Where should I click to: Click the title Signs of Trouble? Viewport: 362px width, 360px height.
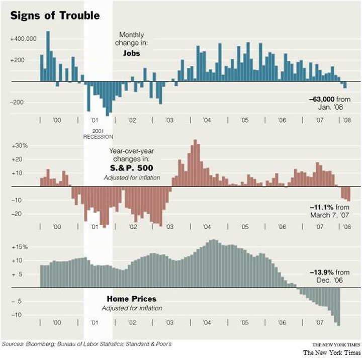55,15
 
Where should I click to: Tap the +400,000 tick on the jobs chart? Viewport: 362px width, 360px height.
22,39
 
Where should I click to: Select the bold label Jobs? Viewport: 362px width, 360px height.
131,52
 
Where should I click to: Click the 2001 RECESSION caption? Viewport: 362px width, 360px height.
98,133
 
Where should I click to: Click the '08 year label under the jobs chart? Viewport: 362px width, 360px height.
346,121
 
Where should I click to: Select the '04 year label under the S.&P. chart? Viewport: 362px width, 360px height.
207,227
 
